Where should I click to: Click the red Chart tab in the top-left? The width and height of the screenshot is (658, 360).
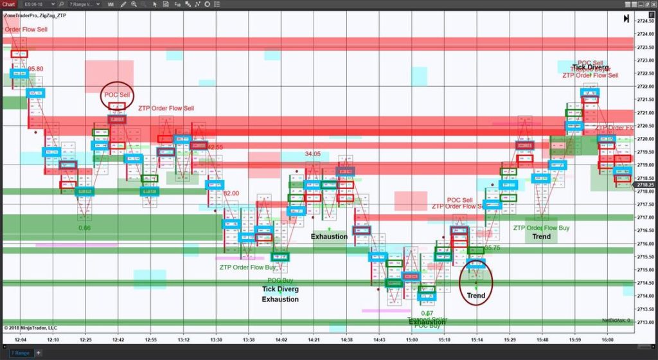coord(8,4)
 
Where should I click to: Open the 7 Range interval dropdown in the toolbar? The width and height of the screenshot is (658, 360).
coord(84,4)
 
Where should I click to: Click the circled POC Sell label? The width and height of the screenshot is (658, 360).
coord(117,95)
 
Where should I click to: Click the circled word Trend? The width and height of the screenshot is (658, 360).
coord(476,296)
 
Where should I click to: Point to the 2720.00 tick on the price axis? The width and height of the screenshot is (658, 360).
coord(645,139)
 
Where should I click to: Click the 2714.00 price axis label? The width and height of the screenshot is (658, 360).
coord(645,296)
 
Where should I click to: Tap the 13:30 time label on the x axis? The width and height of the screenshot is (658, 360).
coord(216,339)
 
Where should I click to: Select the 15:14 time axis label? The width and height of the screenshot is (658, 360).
coord(476,339)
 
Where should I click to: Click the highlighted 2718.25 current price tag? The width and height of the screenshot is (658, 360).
coord(645,184)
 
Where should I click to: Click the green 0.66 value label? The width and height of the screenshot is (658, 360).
coord(85,228)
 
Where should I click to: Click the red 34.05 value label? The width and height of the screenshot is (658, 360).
coord(312,154)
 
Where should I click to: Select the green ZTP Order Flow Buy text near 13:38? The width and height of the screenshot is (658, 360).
coord(247,267)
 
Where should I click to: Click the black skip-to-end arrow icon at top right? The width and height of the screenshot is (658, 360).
coord(626,19)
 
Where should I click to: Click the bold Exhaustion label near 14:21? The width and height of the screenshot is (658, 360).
coord(329,237)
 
